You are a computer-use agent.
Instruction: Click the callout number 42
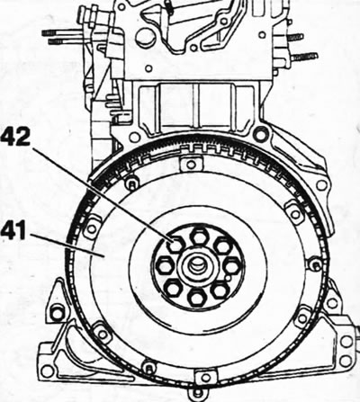[x=15, y=137]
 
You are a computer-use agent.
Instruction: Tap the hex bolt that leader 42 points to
[x=175, y=244]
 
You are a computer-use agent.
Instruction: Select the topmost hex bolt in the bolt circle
[x=199, y=237]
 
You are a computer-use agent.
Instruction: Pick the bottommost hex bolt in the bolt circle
[x=196, y=298]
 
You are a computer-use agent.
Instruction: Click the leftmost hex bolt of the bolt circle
[x=165, y=265]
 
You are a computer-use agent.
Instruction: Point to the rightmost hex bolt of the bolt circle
[x=232, y=266]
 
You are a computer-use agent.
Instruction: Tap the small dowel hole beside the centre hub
[x=229, y=279]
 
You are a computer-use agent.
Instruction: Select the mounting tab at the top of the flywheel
[x=191, y=165]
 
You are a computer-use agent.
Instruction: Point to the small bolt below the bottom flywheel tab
[x=197, y=393]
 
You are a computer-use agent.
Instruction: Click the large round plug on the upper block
[x=145, y=39]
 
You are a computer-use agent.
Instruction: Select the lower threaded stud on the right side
[x=304, y=57]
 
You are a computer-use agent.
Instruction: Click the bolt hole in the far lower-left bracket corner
[x=47, y=371]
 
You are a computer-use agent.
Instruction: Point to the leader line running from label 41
[x=67, y=245]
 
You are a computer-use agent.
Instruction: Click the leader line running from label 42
[x=102, y=194]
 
